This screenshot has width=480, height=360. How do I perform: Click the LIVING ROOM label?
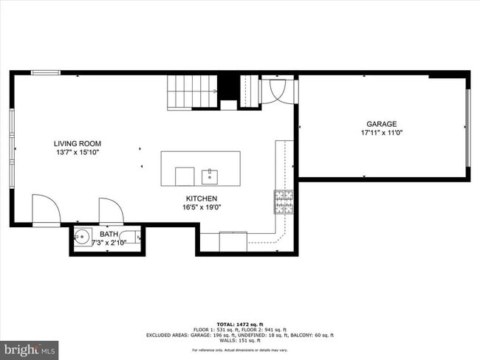point(77,144)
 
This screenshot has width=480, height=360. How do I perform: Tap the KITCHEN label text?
point(201,198)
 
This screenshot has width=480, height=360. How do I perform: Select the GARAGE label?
point(382,124)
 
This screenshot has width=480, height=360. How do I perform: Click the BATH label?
point(109,234)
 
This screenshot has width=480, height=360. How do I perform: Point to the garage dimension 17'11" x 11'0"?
point(382,134)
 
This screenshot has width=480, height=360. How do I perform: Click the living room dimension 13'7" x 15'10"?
point(77,153)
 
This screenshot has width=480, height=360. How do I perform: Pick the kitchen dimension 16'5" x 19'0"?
point(201,207)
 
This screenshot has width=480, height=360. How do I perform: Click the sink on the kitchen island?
point(210,176)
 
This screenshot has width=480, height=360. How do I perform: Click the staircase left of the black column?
point(192,92)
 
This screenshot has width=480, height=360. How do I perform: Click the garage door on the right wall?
point(467,128)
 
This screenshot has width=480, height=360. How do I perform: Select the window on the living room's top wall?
point(46,72)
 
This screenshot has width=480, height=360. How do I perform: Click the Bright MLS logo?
point(30,347)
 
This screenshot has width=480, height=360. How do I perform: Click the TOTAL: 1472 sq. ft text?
point(239,324)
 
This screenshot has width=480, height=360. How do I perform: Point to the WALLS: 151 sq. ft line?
point(239,340)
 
